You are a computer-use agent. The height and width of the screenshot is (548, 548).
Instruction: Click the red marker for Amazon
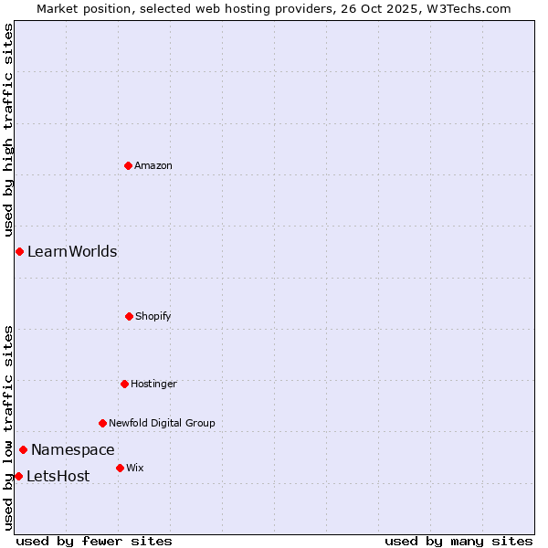pos(128,165)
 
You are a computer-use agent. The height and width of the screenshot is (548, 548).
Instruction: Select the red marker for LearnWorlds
pos(19,251)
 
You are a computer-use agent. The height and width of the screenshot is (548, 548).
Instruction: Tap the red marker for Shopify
pos(129,316)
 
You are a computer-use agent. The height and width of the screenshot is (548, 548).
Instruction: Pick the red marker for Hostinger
pos(124,384)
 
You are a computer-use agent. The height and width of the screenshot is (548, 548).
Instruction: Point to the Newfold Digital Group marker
pos(102,423)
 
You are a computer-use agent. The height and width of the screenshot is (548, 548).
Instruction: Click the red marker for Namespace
pos(23,449)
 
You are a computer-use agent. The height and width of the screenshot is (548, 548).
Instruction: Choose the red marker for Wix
pos(120,468)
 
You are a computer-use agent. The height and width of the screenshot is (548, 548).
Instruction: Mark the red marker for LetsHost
pos(18,476)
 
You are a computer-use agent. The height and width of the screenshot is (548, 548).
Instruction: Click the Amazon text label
pos(153,165)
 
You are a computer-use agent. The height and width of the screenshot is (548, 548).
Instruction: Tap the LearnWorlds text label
pos(72,251)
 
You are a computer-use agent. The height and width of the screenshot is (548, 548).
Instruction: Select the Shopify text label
pos(153,316)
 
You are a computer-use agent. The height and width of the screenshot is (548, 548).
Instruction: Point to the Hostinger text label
pos(153,384)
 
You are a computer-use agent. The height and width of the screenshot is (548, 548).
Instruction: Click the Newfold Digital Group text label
pos(162,423)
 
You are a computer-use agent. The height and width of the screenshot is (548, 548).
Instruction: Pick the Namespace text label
pos(73,449)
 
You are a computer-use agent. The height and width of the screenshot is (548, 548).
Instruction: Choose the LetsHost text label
pos(58,476)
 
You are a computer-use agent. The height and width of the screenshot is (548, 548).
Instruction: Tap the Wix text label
pos(135,468)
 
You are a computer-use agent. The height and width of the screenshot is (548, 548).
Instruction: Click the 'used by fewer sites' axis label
pos(94,541)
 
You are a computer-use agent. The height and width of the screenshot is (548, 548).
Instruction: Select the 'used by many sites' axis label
pos(458,541)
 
